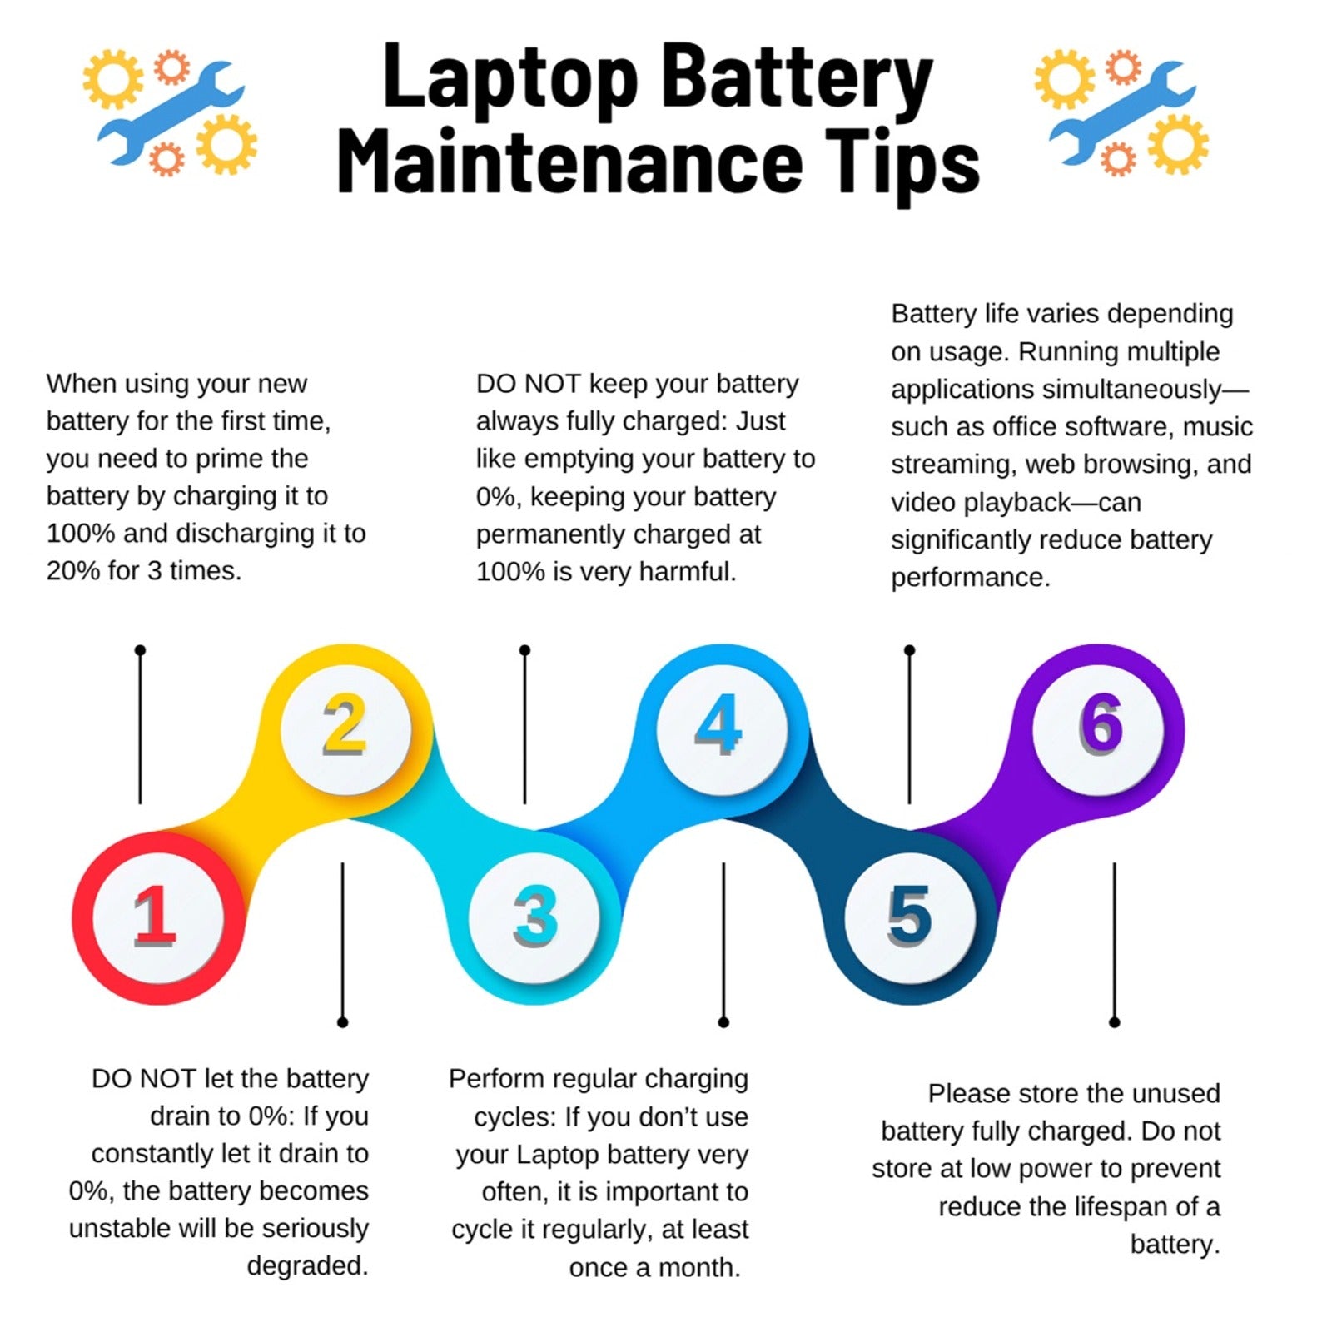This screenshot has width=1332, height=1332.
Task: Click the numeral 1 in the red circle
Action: [156, 916]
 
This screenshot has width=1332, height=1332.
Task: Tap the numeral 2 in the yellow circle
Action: [345, 724]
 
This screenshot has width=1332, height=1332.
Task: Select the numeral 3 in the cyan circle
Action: [535, 916]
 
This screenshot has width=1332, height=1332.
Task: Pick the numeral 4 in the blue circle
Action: [718, 724]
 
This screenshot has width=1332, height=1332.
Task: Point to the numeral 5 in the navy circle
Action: [909, 916]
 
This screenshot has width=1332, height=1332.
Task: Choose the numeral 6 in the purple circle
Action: [1101, 723]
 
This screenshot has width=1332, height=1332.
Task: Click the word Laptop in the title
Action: [510, 80]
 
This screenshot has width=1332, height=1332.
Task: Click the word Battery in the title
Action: [798, 80]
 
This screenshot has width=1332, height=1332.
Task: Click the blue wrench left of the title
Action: [171, 113]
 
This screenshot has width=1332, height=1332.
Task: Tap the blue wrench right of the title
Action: [1123, 113]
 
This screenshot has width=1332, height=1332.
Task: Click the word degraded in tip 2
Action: [307, 1266]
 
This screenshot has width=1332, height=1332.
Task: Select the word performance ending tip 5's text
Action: [971, 578]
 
